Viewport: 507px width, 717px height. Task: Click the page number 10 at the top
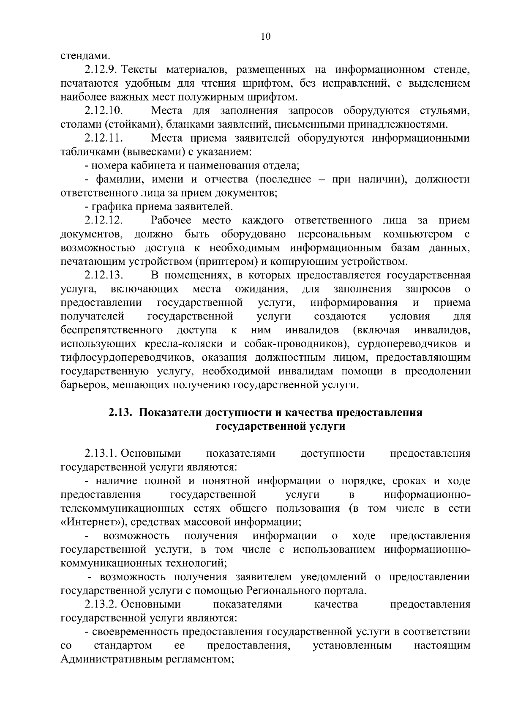[x=266, y=36]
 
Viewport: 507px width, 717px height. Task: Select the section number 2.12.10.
[x=104, y=111]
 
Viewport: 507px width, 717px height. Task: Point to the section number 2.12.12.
[x=104, y=221]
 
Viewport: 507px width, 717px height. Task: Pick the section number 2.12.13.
[x=104, y=275]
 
